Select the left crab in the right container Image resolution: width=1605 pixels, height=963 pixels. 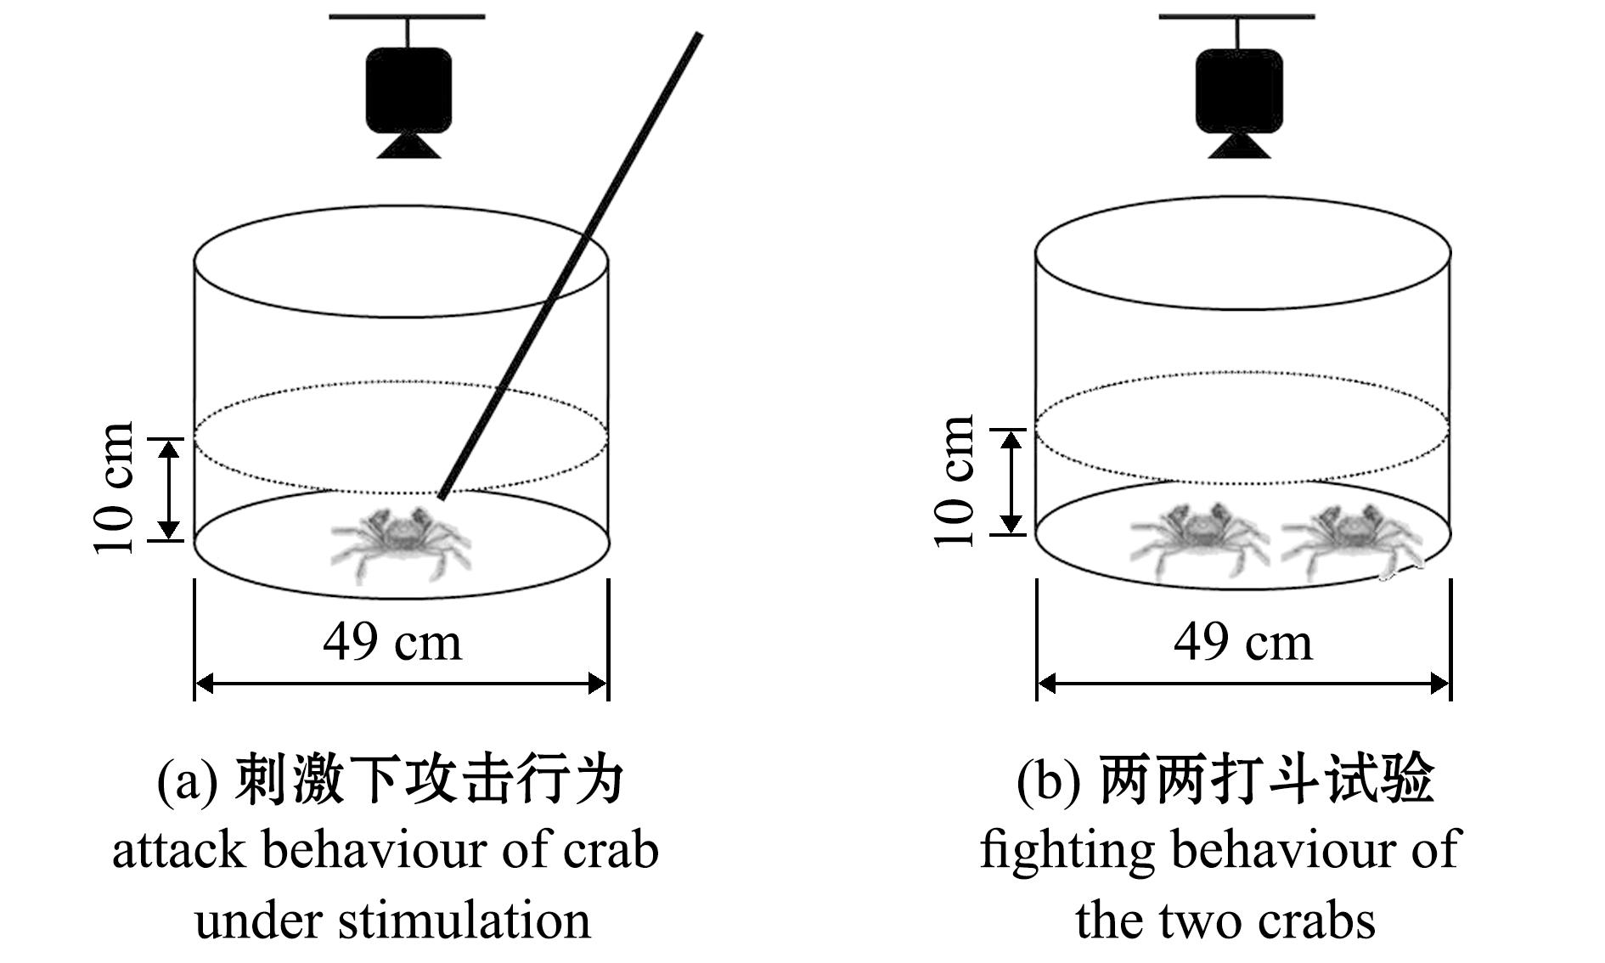pos(1197,540)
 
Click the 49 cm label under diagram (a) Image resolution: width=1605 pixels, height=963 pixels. pos(392,642)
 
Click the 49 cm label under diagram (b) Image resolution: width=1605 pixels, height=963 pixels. pos(1242,642)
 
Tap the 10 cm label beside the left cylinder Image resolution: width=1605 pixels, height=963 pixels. pos(115,487)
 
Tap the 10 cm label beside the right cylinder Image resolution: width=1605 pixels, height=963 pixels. pos(955,482)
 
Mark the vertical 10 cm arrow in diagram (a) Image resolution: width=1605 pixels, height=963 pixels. pos(171,489)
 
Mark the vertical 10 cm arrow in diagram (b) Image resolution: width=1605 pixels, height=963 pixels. pos(1011,481)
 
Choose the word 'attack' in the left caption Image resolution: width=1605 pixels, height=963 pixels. pos(178,850)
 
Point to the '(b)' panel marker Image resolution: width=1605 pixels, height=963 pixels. pos(1048,780)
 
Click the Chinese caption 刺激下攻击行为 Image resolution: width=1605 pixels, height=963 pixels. pos(430,779)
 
